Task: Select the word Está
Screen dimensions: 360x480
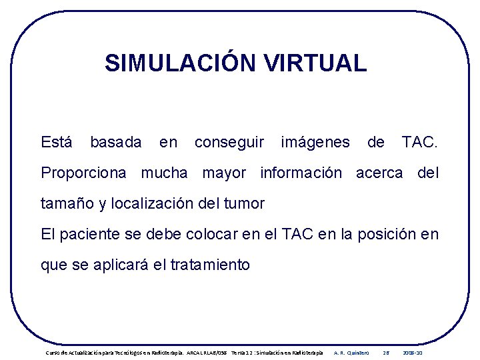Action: [x=57, y=142]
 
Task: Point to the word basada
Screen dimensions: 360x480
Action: [x=115, y=142]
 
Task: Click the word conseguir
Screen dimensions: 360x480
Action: [x=229, y=142]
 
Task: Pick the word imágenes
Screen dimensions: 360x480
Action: [x=315, y=142]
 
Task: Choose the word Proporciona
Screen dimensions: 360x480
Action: [x=83, y=173]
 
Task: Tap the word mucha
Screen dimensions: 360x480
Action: [x=164, y=173]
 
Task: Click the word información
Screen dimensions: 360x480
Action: [x=301, y=173]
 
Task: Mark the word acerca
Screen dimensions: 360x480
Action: [x=379, y=173]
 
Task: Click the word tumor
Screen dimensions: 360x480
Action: [x=246, y=204]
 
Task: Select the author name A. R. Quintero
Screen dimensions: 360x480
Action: [x=351, y=352]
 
